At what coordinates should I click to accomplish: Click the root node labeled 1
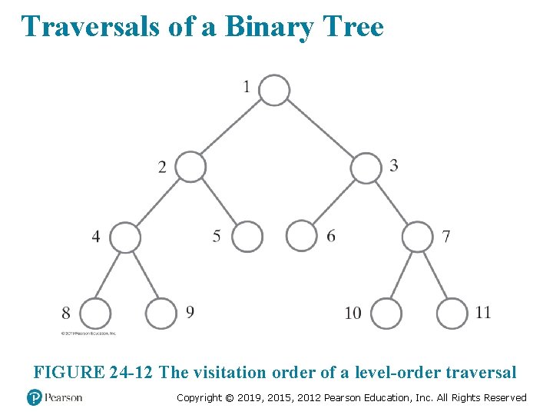pos(274,90)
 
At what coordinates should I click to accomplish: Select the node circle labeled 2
pos(191,167)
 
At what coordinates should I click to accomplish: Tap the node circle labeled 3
pos(366,168)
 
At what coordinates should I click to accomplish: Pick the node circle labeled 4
pos(125,237)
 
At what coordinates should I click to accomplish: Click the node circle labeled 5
pos(247,237)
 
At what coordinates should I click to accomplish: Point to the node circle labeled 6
pos(301,236)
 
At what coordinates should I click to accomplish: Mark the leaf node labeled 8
pos(95,314)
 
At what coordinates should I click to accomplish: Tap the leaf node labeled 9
pos(161,314)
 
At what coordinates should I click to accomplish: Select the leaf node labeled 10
pos(386,314)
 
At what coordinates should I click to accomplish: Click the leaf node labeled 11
pos(452,314)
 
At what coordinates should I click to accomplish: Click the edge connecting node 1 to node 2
pos(233,128)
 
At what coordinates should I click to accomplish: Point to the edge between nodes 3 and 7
pos(392,202)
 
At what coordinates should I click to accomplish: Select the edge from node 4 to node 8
pos(111,275)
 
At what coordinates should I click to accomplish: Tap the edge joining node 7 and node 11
pos(435,275)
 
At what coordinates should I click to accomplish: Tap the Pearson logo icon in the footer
pos(35,397)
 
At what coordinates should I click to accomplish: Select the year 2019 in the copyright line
pos(260,397)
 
